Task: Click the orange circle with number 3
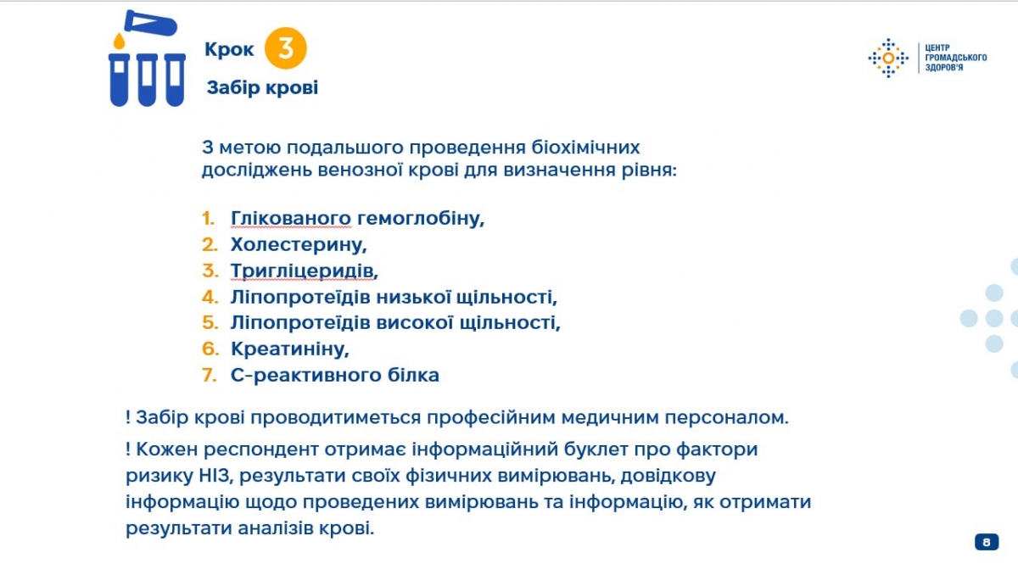pyautogui.click(x=285, y=48)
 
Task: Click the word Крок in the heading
pyautogui.click(x=229, y=49)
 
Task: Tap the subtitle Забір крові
pyautogui.click(x=262, y=87)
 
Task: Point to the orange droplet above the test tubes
pyautogui.click(x=119, y=41)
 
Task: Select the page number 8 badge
pyautogui.click(x=986, y=542)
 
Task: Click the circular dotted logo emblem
pyautogui.click(x=888, y=59)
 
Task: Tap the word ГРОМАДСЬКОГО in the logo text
pyautogui.click(x=956, y=58)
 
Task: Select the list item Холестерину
pyautogui.click(x=298, y=245)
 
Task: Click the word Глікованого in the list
pyautogui.click(x=291, y=219)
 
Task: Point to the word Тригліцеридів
pyautogui.click(x=304, y=271)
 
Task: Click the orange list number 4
pyautogui.click(x=210, y=297)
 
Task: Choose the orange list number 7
pyautogui.click(x=210, y=375)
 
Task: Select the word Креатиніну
pyautogui.click(x=289, y=349)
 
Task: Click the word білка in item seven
pyautogui.click(x=413, y=375)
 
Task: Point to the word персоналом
pyautogui.click(x=726, y=417)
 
